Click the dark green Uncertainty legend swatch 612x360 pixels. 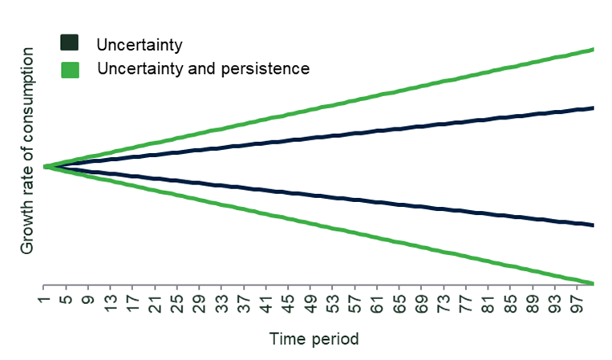pos(70,42)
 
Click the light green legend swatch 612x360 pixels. pos(71,71)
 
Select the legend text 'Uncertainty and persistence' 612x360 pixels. pos(204,69)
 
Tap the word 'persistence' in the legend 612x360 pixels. pos(265,69)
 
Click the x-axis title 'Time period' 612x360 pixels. pos(314,338)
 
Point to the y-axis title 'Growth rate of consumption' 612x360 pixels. pos(27,151)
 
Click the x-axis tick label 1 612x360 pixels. pos(45,300)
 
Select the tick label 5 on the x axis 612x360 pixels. pos(67,300)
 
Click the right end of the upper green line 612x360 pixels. pos(594,50)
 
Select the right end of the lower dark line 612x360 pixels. pos(594,225)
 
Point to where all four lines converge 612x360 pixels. pos(46,167)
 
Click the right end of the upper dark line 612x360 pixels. pos(594,108)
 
